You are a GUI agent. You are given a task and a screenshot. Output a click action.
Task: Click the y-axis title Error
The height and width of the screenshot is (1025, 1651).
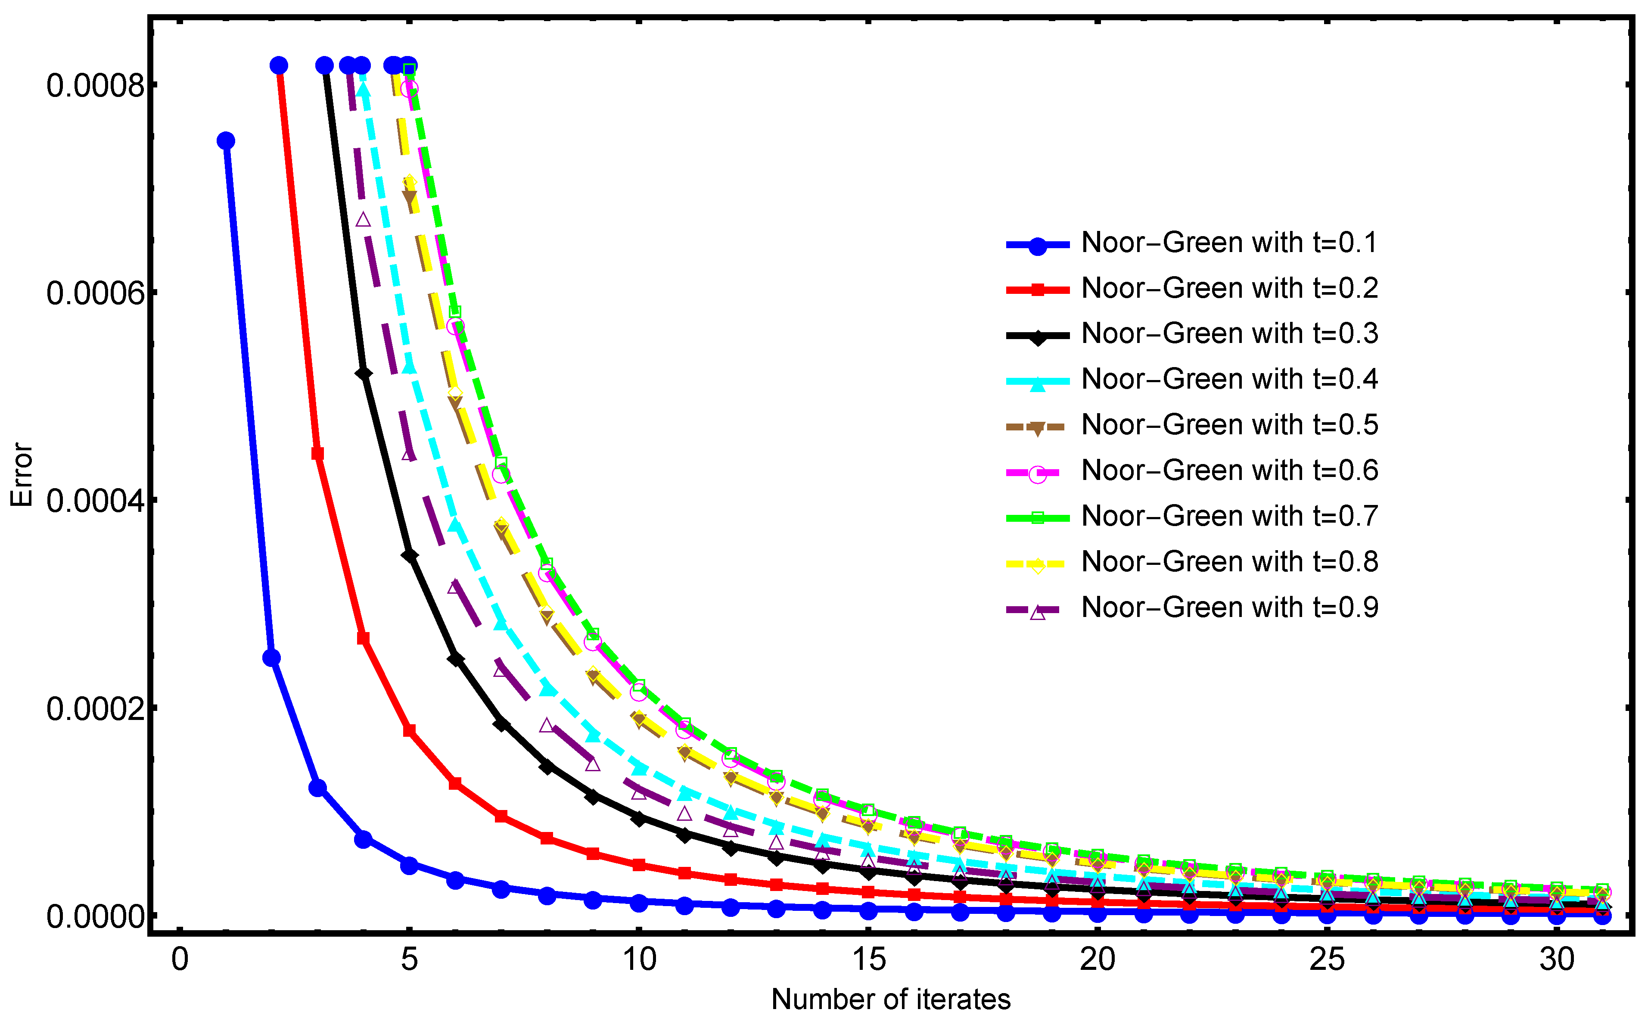point(22,474)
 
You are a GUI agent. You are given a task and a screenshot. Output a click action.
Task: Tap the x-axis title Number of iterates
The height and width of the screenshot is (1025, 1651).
point(891,999)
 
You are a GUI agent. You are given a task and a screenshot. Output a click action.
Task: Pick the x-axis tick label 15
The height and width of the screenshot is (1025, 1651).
point(868,960)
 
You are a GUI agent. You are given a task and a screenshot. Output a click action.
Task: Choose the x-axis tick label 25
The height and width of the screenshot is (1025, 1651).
point(1327,960)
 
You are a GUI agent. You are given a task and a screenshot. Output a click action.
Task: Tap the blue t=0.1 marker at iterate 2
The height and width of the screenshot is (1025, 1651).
point(272,657)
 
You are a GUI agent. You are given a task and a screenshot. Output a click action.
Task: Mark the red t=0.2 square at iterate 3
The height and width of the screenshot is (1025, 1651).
point(317,454)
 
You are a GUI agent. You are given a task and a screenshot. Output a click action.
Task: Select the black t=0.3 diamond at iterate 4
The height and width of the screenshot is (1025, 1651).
point(363,374)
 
